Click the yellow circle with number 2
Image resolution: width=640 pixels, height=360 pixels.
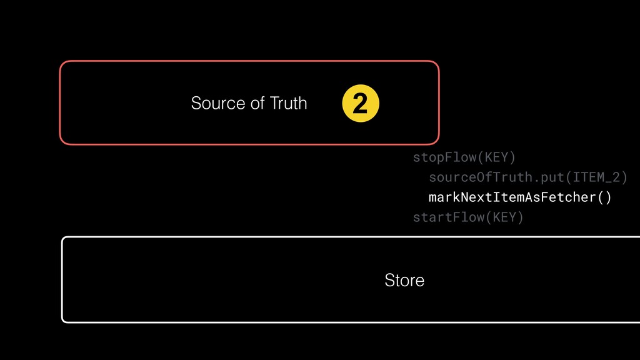click(x=361, y=104)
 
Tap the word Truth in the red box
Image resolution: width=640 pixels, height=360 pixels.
click(x=288, y=102)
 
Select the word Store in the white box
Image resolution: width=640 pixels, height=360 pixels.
click(x=404, y=280)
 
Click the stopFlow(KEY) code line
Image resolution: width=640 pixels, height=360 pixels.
click(x=464, y=156)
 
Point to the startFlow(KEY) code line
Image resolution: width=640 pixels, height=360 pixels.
click(x=467, y=217)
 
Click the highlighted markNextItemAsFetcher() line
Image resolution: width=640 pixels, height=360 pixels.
click(x=520, y=197)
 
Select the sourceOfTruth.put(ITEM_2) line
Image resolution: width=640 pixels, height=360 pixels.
click(x=527, y=177)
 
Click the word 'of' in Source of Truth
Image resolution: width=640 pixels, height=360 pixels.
click(x=257, y=102)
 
